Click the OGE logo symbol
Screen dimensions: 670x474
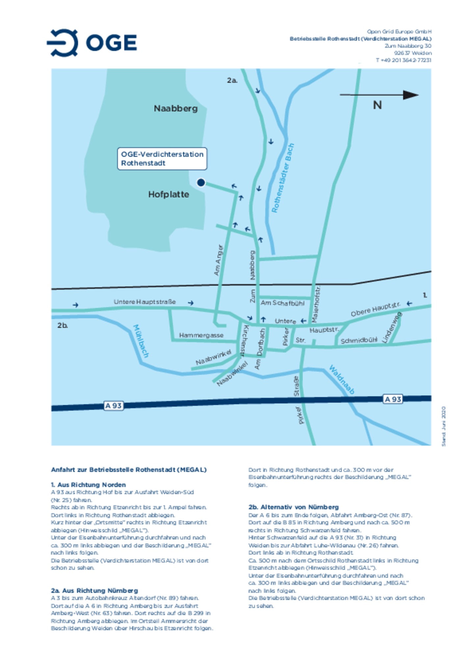click(x=63, y=43)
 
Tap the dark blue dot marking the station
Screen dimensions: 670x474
click(x=201, y=182)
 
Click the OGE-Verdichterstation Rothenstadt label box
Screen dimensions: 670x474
click(x=162, y=159)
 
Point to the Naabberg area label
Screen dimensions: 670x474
click(x=176, y=108)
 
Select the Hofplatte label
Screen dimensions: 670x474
click(x=169, y=194)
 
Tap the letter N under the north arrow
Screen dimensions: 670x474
click(x=377, y=105)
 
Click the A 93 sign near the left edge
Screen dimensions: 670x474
click(x=113, y=406)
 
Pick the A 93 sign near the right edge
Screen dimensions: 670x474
click(x=393, y=399)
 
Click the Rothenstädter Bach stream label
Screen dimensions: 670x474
click(x=283, y=178)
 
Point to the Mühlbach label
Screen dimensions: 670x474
click(x=141, y=341)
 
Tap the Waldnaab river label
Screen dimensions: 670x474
click(x=342, y=380)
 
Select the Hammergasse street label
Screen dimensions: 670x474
click(x=201, y=335)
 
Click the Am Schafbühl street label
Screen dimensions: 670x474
click(x=282, y=303)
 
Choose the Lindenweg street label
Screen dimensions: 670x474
click(x=392, y=327)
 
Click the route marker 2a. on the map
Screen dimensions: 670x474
click(x=232, y=80)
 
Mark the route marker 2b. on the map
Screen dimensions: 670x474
click(x=63, y=325)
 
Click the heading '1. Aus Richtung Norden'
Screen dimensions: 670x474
click(x=88, y=485)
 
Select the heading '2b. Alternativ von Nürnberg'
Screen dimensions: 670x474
click(x=294, y=507)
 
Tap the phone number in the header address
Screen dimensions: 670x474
click(x=404, y=60)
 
